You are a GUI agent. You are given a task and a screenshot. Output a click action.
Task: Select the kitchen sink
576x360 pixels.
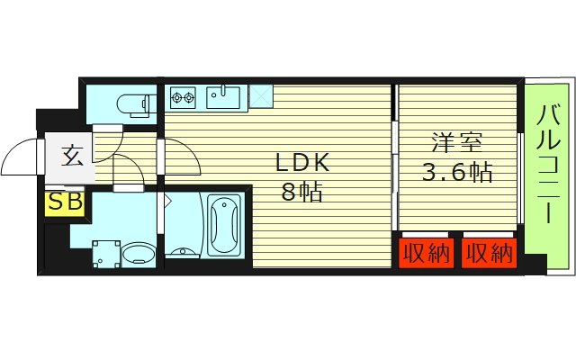[220, 95]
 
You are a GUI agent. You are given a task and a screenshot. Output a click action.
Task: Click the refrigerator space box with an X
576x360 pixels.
[260, 94]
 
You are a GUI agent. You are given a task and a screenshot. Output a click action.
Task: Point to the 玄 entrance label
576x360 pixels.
[72, 156]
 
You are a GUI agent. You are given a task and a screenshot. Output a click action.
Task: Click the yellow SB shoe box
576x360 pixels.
[64, 202]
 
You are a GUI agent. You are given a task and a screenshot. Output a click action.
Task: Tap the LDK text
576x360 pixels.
[302, 163]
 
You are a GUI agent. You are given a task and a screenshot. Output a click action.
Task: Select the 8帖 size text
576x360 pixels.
[302, 192]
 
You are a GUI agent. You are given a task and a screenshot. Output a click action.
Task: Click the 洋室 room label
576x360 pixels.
[456, 141]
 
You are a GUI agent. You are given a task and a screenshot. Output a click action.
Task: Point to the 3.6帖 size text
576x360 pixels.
[456, 171]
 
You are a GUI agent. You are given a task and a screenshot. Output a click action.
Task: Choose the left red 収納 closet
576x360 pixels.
[425, 253]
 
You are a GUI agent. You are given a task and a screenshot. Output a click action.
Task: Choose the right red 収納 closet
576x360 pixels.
[489, 253]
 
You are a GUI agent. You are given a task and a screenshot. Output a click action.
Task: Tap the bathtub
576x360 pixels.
[223, 225]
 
